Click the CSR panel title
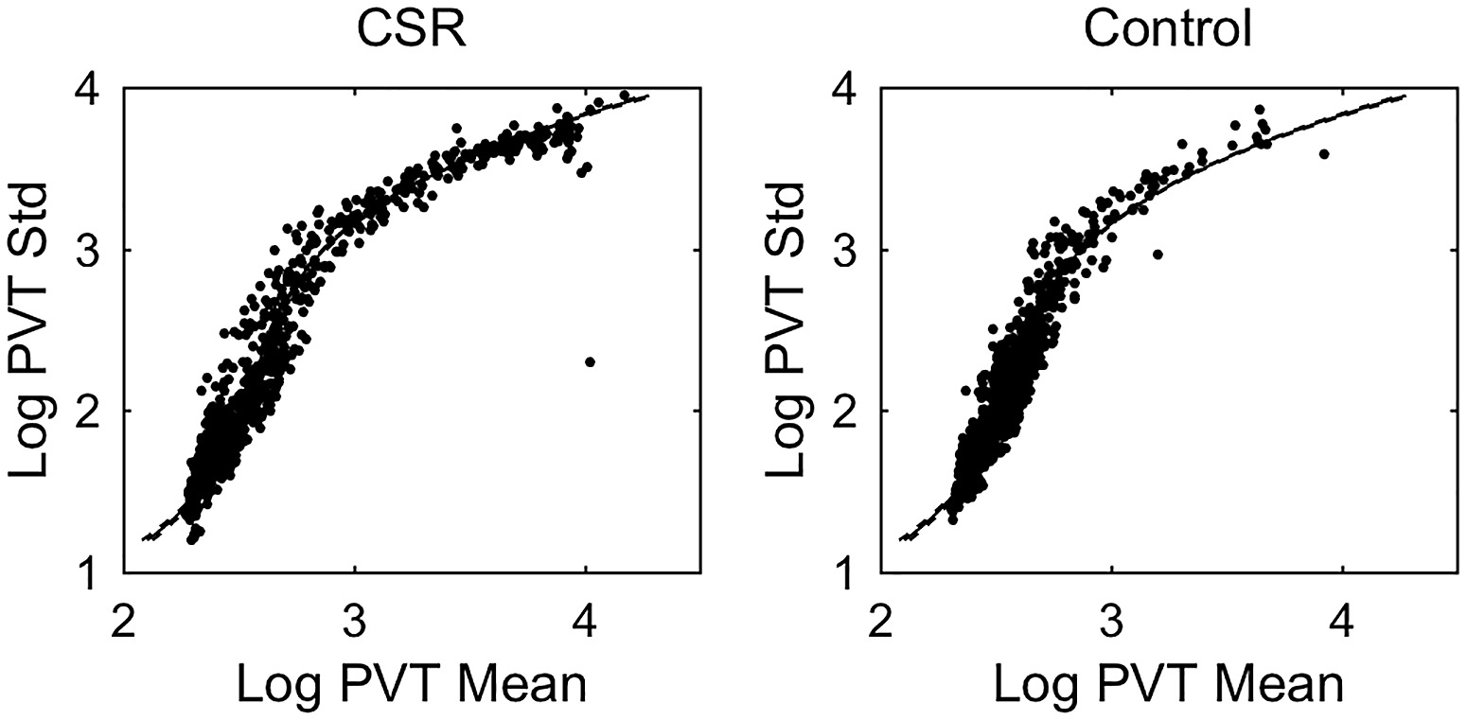pyautogui.click(x=412, y=30)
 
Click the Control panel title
pyautogui.click(x=1168, y=30)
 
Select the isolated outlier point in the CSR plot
pyautogui.click(x=590, y=361)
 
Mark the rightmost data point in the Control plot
pyautogui.click(x=1324, y=154)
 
